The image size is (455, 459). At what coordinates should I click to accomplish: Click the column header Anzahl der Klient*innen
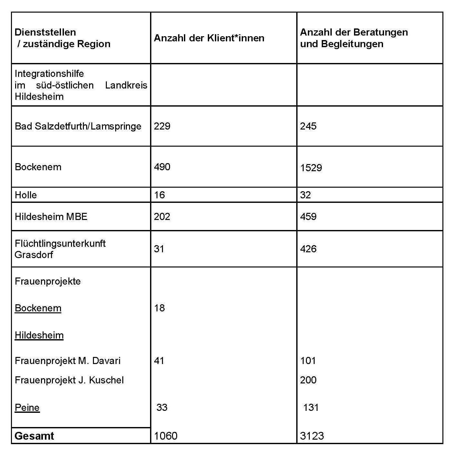[209, 38]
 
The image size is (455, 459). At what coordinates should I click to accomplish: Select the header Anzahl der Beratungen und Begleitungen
[354, 38]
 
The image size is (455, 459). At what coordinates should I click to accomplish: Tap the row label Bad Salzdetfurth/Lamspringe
[78, 126]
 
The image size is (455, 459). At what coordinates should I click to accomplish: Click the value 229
[162, 126]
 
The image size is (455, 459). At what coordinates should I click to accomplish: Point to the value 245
[308, 126]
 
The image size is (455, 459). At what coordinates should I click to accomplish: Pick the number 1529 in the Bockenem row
[311, 168]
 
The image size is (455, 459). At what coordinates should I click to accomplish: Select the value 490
[162, 167]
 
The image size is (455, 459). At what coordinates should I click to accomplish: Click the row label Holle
[26, 195]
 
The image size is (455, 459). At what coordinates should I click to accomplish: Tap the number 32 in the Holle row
[305, 195]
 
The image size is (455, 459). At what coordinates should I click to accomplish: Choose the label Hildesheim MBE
[51, 216]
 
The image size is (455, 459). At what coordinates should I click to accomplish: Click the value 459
[308, 216]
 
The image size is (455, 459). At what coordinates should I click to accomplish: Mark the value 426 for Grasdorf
[308, 249]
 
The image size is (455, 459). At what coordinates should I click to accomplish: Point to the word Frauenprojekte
[48, 281]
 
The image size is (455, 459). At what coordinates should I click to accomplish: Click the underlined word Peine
[27, 408]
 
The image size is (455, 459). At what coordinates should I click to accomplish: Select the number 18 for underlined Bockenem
[159, 308]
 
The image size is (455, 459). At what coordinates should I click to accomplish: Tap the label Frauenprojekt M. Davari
[67, 361]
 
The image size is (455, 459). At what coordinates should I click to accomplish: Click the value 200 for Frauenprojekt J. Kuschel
[308, 380]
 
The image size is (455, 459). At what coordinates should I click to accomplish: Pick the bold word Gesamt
[34, 436]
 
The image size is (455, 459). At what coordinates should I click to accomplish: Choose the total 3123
[312, 436]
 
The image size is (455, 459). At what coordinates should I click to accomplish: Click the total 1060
[166, 436]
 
